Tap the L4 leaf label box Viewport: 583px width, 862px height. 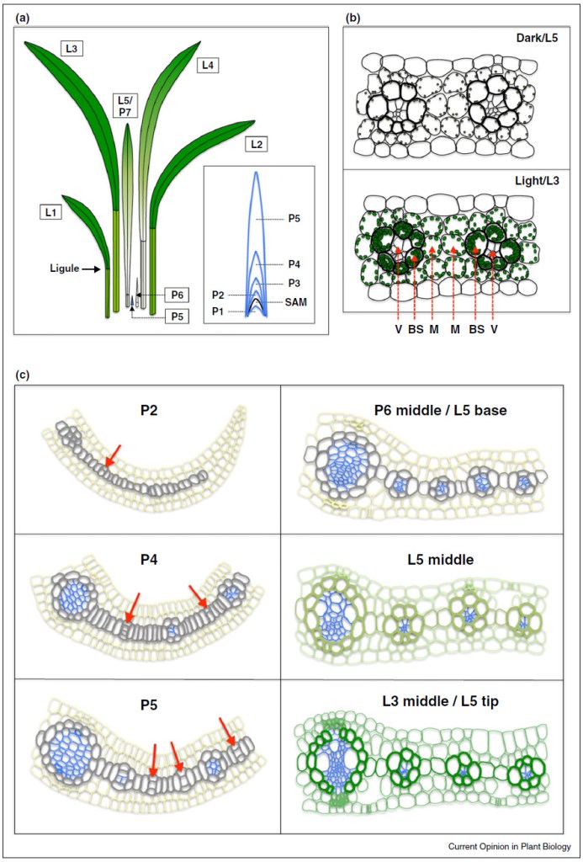207,65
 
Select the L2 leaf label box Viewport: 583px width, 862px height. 257,144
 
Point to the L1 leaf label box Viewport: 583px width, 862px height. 50,213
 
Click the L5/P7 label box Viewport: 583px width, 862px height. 125,105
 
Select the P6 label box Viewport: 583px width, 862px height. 177,295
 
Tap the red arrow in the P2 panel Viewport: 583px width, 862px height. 114,455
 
